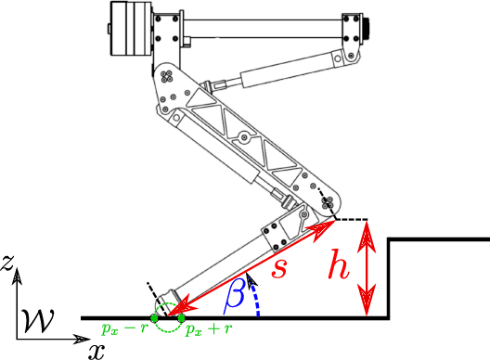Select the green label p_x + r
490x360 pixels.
205,329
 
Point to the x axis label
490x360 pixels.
96,350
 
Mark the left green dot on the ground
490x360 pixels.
154,317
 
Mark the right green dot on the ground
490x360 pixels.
182,317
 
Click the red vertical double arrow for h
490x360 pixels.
369,269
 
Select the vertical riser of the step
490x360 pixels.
388,278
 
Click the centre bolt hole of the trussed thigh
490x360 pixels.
242,139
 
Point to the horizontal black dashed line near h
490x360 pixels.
353,220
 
